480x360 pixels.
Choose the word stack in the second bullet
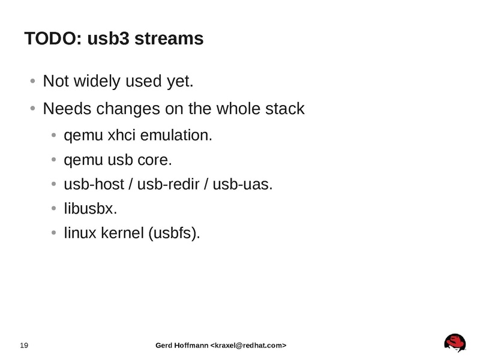point(285,110)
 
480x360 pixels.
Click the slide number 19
point(25,346)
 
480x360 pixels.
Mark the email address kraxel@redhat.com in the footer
point(247,346)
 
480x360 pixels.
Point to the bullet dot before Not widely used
point(32,82)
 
